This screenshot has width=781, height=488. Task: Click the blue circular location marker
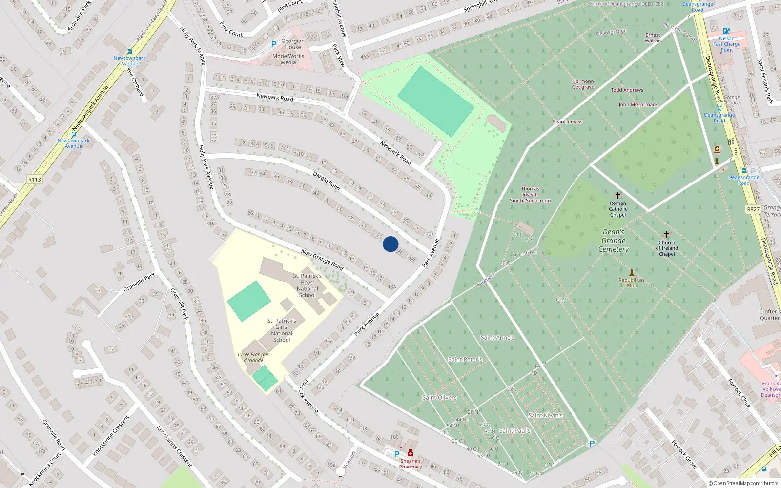390,244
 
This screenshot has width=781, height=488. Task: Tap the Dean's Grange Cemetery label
614,241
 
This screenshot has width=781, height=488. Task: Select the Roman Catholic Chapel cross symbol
617,195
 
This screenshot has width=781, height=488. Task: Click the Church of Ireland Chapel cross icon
667,234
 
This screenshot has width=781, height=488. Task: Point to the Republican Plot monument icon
631,272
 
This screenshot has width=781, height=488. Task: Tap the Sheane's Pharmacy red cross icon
411,453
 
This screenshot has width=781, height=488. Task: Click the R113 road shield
34,180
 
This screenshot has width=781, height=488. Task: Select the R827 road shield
753,209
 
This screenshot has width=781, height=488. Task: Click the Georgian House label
293,44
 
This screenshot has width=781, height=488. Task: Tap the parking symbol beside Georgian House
274,44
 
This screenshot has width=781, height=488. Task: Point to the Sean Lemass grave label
567,122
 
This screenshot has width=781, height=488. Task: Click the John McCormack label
638,105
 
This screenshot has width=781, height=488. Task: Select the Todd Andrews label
627,90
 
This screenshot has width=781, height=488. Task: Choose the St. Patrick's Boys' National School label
308,285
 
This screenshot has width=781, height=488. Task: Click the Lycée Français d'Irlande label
253,357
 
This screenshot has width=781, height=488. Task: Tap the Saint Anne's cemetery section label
497,337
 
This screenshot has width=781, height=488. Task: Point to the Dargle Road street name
327,181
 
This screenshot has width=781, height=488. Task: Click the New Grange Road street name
322,259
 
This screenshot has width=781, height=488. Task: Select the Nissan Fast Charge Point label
726,44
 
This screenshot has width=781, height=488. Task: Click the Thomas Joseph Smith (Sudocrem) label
530,195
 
